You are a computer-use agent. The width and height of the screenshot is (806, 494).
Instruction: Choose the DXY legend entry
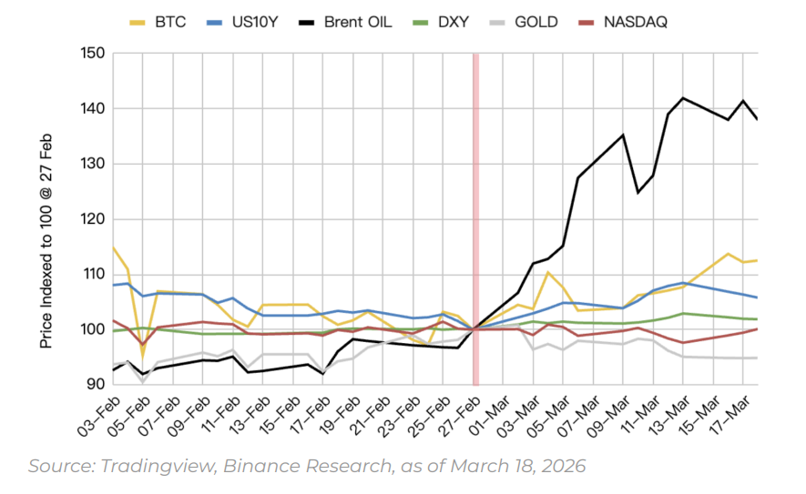click(x=450, y=21)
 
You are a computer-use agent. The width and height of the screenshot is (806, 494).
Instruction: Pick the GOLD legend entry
click(x=536, y=21)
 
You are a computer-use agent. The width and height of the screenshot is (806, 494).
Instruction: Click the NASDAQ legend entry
click(x=635, y=21)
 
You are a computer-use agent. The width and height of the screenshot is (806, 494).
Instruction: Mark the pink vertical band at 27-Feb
click(x=474, y=218)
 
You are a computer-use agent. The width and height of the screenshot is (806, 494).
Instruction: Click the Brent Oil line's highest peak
click(x=683, y=97)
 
